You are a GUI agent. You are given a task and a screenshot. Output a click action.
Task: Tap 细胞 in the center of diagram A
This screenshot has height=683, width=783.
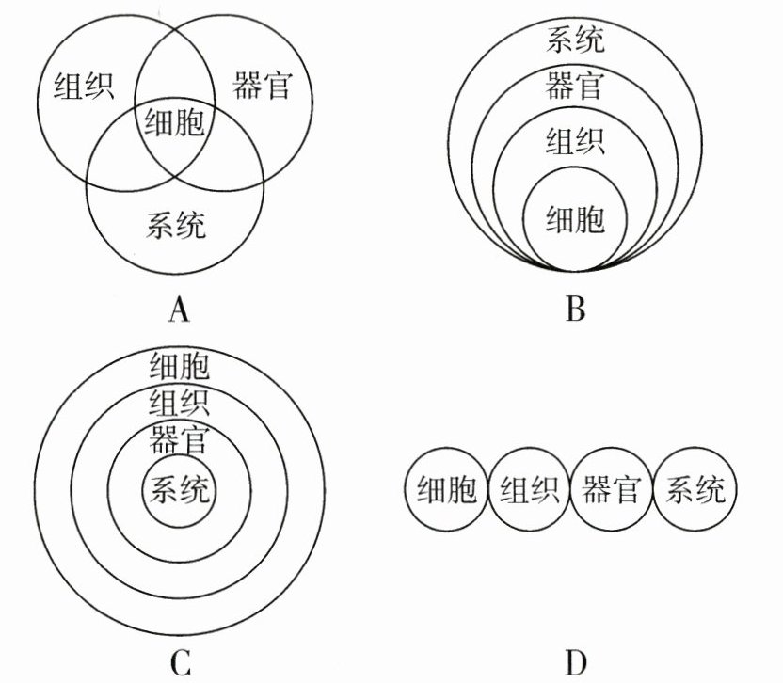(x=173, y=122)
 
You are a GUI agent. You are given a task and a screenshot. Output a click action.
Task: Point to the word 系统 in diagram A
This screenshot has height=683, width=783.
(x=176, y=225)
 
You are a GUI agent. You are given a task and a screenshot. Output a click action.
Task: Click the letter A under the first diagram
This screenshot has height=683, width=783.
(x=177, y=308)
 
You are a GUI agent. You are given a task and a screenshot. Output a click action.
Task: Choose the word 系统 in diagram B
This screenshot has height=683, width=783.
(x=575, y=40)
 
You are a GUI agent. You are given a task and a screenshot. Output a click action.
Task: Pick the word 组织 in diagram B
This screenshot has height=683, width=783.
(x=575, y=141)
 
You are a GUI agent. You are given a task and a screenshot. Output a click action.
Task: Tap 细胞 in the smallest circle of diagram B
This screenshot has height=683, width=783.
(x=575, y=219)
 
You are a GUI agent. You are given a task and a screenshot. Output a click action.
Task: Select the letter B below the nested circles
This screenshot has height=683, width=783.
(x=576, y=308)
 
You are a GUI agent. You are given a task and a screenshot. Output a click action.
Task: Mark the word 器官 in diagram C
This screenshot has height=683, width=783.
(x=179, y=439)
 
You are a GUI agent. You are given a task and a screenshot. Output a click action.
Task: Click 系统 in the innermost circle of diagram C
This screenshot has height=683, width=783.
(x=179, y=490)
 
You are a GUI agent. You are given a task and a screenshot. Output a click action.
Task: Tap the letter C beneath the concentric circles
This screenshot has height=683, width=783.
(x=181, y=662)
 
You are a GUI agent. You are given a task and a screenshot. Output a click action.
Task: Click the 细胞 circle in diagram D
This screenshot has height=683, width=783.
(x=446, y=490)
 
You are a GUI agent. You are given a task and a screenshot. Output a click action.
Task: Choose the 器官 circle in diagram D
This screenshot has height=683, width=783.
(x=612, y=490)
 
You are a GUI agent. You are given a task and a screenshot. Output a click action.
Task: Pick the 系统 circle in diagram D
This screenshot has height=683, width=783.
(x=695, y=490)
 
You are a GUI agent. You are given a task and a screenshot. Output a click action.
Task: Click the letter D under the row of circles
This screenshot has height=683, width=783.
(x=576, y=662)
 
